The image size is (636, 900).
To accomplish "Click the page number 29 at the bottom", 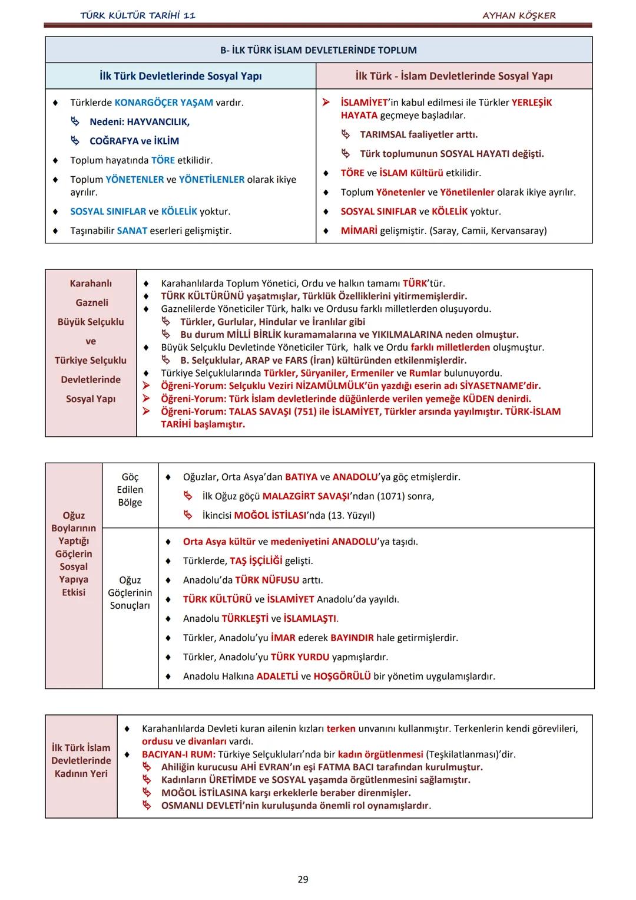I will pos(303,879).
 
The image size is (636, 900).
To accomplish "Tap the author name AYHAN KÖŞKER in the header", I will pos(519,15).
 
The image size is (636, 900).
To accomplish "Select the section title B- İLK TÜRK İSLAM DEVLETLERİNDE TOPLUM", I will pos(319,50).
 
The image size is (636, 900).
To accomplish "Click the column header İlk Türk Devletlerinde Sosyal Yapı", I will pos(181,76).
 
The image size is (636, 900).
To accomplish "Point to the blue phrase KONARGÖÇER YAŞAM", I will pos(164,103).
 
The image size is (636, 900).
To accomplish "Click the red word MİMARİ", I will pos(359,231).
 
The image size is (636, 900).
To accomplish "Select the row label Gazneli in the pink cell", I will pos(92,303).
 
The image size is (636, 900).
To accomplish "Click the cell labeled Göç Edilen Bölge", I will pos(130,490).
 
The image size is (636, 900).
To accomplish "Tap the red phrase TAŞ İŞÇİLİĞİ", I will pos(256,561).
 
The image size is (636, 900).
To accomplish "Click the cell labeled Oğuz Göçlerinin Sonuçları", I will pos(130,593).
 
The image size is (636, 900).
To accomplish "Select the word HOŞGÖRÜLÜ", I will pos(342,677).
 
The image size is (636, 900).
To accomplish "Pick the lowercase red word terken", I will pos(341,728).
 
